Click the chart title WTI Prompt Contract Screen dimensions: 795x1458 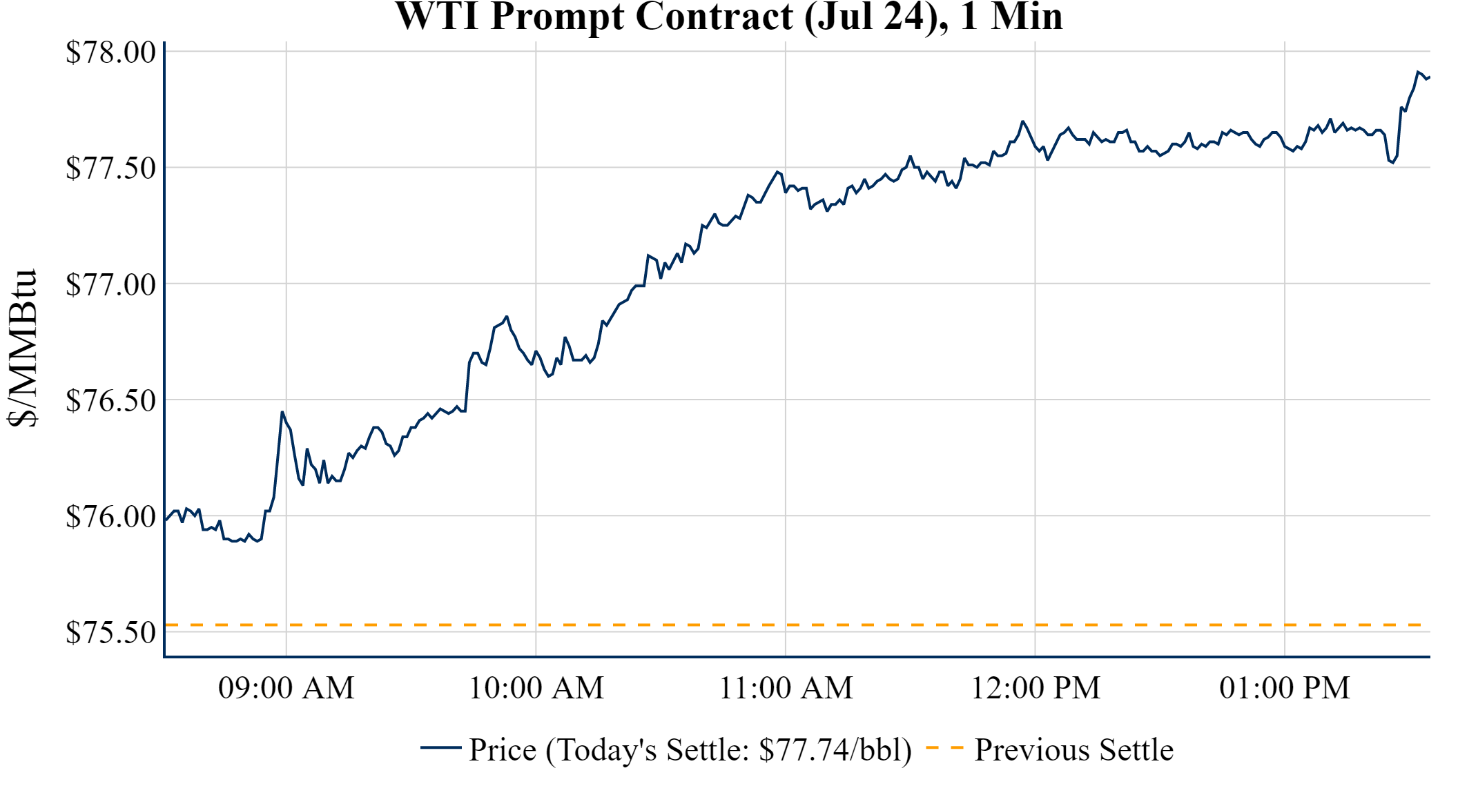click(x=728, y=17)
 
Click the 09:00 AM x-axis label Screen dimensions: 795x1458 click(x=286, y=688)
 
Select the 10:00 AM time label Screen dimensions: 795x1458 click(x=536, y=688)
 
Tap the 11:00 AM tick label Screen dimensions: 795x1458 click(x=786, y=688)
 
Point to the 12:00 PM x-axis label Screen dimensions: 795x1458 click(x=1036, y=688)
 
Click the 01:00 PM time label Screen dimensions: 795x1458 click(x=1285, y=688)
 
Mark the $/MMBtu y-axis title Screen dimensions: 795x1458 click(x=22, y=349)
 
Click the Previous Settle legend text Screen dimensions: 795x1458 click(x=1073, y=749)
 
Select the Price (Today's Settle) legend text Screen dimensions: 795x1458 click(x=690, y=749)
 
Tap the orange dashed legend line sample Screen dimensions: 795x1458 click(x=944, y=747)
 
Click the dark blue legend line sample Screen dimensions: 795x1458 click(x=440, y=747)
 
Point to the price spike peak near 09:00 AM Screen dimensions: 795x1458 click(x=282, y=412)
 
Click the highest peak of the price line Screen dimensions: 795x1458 click(x=1418, y=72)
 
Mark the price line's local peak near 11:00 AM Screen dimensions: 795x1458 click(x=777, y=171)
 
